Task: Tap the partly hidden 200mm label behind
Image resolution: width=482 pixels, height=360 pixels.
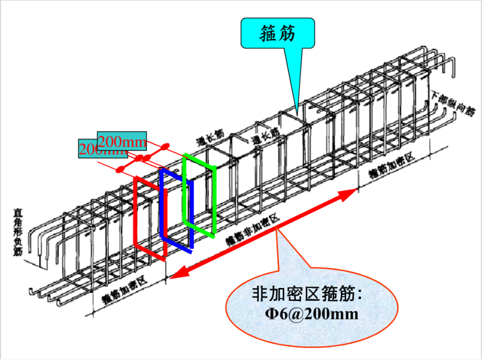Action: pyautogui.click(x=88, y=150)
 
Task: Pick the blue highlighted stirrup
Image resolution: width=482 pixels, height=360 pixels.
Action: pyautogui.click(x=176, y=209)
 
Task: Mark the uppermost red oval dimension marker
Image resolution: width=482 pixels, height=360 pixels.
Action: pyautogui.click(x=165, y=147)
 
